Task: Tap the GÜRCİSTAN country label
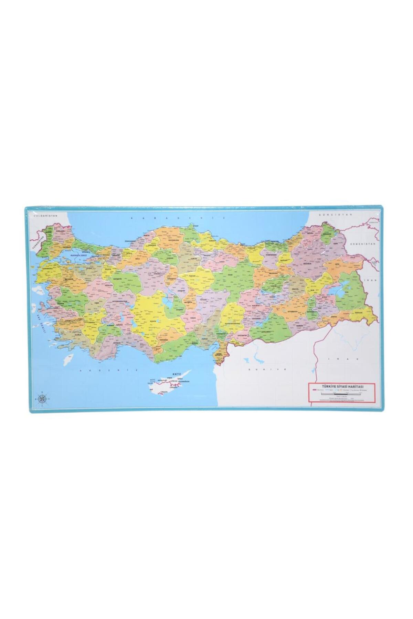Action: (x=331, y=214)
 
